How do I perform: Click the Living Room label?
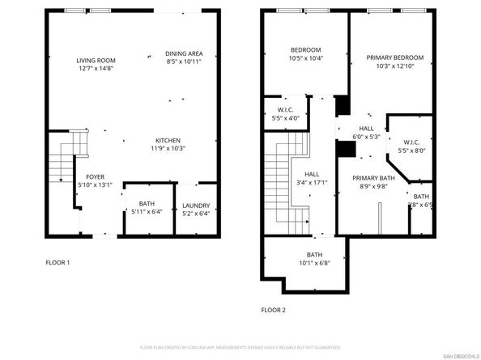point(96,61)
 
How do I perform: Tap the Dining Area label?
point(183,53)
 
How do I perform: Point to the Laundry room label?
point(196,205)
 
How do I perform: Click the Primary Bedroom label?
point(394,57)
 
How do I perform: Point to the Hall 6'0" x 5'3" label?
point(367,133)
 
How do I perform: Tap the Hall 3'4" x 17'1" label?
point(312,178)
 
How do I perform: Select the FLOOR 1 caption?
point(57,262)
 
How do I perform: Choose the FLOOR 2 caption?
point(274,310)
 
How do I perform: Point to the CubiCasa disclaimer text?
point(240,348)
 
